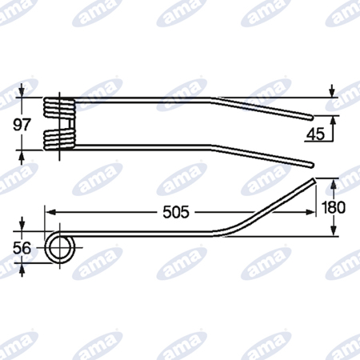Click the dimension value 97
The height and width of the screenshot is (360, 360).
pos(22,125)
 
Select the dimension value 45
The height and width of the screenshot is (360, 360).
pos(315,134)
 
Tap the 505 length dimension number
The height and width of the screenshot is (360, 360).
pos(176,212)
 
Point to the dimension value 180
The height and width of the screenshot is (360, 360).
pos(334,207)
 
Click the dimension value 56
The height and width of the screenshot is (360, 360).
pos(22,248)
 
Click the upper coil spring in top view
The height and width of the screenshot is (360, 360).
pos(59,108)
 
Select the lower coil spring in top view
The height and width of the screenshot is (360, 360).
pos(59,139)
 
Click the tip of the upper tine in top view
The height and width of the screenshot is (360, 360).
pos(311,118)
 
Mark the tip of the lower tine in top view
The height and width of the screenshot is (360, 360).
pos(311,166)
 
